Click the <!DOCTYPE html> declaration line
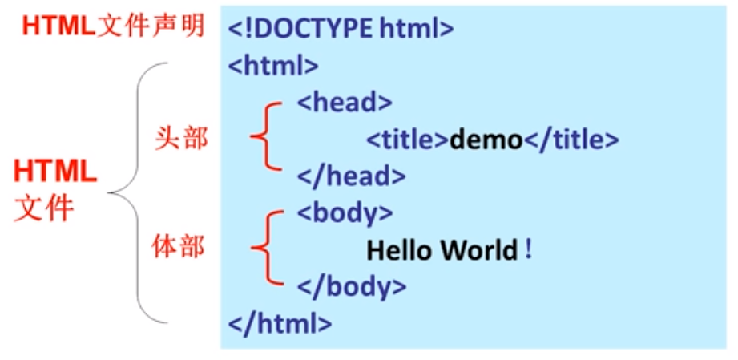341,30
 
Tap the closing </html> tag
280,323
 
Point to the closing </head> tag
351,176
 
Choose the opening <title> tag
407,140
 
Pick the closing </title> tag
571,140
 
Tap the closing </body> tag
352,286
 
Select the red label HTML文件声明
113,26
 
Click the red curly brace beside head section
264,138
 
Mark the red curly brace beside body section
264,248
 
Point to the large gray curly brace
128,192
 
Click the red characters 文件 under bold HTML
44,208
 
